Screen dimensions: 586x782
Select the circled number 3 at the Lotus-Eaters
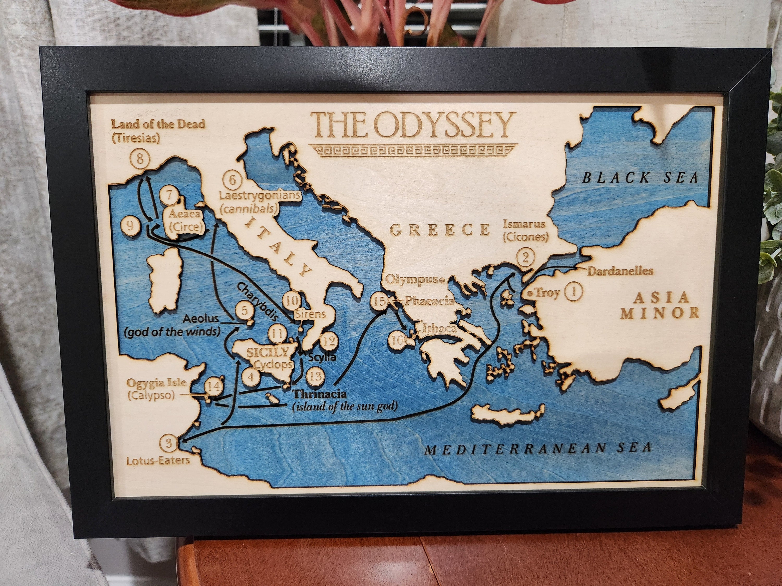pos(169,443)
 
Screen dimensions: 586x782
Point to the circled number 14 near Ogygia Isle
pos(214,386)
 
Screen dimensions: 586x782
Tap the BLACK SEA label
pos(640,177)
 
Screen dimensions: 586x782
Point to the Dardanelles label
pos(620,271)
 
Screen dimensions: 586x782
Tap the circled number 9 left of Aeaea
pos(130,225)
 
